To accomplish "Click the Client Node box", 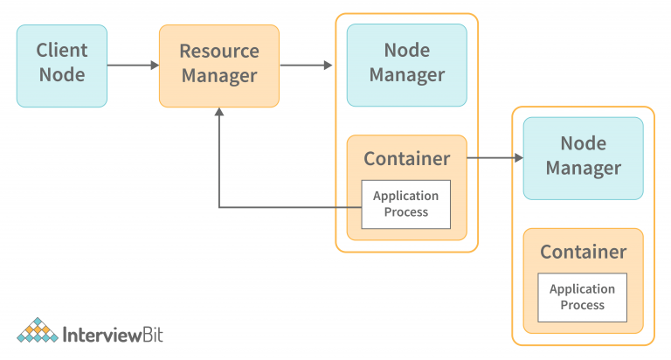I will click(x=61, y=66).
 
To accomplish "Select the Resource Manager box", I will click(x=218, y=66).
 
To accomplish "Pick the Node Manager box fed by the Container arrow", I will click(x=583, y=158).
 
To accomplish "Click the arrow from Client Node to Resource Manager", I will click(x=133, y=66).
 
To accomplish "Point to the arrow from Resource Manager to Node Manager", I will click(x=306, y=66).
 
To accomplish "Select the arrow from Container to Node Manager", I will click(x=495, y=158).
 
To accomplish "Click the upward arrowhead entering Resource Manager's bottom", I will click(x=218, y=114).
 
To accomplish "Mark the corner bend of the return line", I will click(x=218, y=207).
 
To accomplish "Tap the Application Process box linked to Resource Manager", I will click(x=406, y=204).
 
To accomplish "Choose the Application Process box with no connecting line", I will click(x=582, y=297).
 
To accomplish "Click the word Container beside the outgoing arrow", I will click(x=406, y=159).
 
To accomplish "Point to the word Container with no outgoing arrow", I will click(x=583, y=253).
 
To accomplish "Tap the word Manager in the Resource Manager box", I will click(x=218, y=76).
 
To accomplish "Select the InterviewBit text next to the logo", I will click(x=114, y=334).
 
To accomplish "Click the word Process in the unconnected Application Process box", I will click(x=582, y=305).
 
